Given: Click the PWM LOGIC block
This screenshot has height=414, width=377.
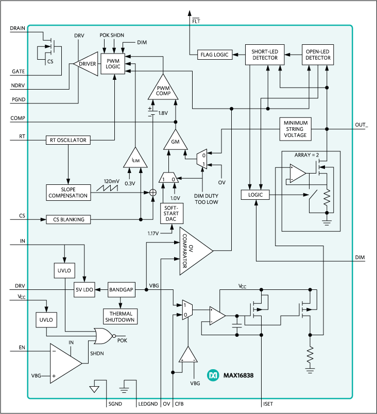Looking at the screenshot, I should (113, 64).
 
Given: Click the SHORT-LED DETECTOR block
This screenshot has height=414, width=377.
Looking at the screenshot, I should (265, 55).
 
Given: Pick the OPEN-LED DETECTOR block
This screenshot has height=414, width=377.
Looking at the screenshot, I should (318, 55).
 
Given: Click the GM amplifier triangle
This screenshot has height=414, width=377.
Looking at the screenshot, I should (176, 141).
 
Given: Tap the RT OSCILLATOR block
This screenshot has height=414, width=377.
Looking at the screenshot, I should (67, 140).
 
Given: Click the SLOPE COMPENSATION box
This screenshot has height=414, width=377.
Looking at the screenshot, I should (68, 193).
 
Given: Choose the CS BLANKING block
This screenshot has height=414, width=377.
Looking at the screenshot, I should (68, 219).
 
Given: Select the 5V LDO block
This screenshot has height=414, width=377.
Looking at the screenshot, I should (84, 290).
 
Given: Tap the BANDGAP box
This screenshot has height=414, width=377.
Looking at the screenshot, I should (121, 290).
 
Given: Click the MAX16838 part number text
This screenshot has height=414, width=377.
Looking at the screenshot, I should (237, 375).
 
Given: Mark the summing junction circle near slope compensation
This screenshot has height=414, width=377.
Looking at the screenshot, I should (152, 193).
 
